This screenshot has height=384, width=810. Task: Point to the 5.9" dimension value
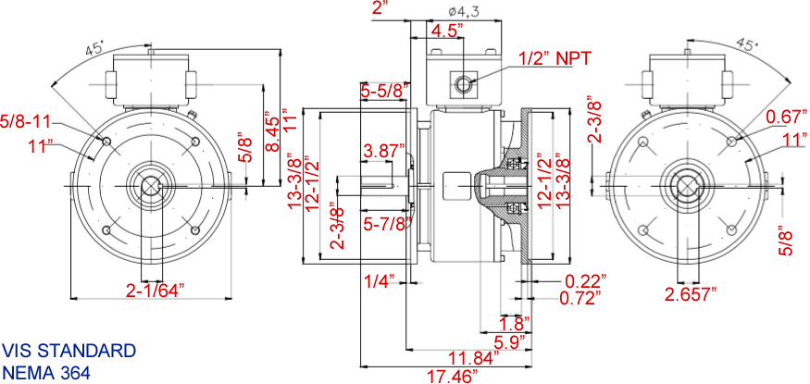pos(508,341)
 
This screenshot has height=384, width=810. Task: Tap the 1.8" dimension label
pos(512,324)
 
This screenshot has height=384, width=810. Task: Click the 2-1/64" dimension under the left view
pos(155,289)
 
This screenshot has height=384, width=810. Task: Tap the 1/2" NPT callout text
pos(552,57)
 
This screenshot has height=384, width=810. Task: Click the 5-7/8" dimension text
pos(387,223)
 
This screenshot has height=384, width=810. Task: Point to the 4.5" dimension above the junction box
pos(447,30)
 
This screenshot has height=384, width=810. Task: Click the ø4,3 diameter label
pos(462,10)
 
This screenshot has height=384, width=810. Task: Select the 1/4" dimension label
pos(380,280)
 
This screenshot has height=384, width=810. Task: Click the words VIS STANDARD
pos(69,352)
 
